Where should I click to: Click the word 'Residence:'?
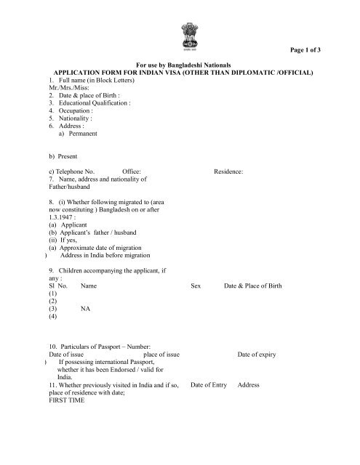[228, 171]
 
